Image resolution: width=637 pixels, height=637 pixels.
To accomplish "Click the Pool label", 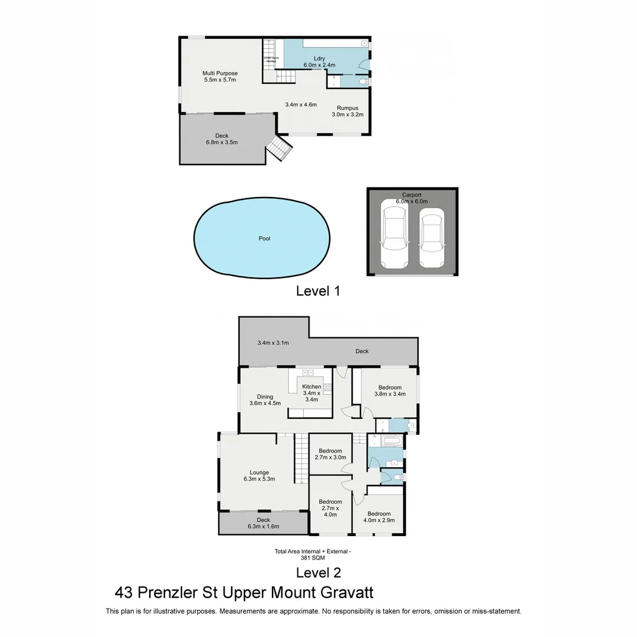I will pyautogui.click(x=264, y=239).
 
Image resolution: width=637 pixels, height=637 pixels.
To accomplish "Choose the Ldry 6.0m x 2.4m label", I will pyautogui.click(x=319, y=61).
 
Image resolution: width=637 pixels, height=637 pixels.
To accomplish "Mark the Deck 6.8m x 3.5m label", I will pyautogui.click(x=221, y=139).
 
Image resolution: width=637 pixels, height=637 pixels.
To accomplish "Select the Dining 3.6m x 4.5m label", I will pyautogui.click(x=265, y=400).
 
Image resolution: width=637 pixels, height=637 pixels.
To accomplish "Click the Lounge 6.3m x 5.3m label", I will pyautogui.click(x=259, y=475).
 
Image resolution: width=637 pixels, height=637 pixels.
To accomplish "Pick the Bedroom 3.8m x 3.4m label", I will pyautogui.click(x=390, y=390).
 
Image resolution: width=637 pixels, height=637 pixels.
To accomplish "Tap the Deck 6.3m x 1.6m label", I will pyautogui.click(x=263, y=523).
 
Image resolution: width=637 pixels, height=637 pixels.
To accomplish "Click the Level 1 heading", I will pyautogui.click(x=318, y=290).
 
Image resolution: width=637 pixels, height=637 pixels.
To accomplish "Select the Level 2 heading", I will pyautogui.click(x=318, y=572).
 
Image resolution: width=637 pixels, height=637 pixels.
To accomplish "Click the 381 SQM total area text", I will pyautogui.click(x=313, y=557).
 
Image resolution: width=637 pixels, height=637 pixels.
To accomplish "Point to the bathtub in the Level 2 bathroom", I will pyautogui.click(x=391, y=441).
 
